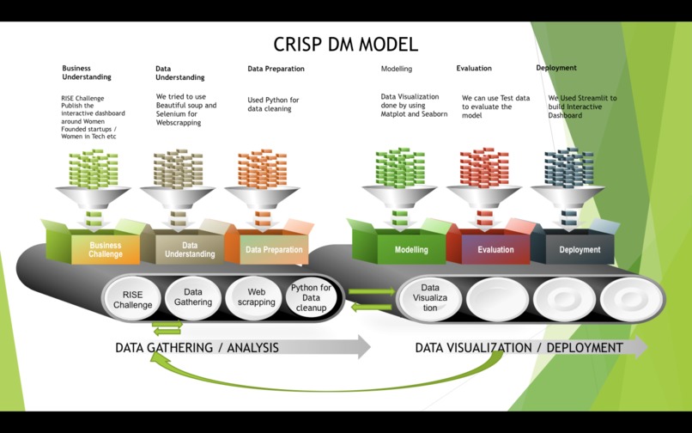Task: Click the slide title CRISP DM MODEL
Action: pos(345,44)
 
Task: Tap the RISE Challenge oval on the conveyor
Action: pos(132,298)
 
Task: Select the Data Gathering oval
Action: pos(193,297)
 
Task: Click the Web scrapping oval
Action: pos(256,297)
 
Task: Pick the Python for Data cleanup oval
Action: pos(311,297)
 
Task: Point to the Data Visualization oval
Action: pos(430,297)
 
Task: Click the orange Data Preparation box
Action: pos(274,249)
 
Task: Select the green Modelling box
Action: pos(411,249)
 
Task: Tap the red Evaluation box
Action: pos(495,249)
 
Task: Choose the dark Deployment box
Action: pos(580,249)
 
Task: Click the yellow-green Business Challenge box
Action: pos(106,249)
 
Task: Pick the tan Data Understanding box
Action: pos(190,249)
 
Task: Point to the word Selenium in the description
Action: pos(173,114)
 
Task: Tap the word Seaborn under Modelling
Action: pos(434,114)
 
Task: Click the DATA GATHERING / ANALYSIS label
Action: pos(197,348)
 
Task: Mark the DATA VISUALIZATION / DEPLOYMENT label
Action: pos(519,348)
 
